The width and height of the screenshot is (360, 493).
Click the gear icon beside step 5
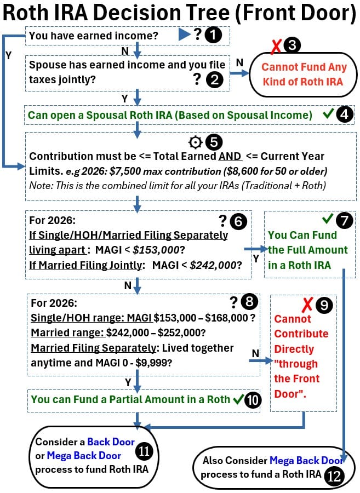tap(195, 142)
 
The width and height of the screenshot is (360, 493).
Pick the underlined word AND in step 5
tap(230, 157)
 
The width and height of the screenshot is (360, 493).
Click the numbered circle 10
tap(253, 399)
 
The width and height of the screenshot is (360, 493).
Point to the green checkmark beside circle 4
tap(329, 115)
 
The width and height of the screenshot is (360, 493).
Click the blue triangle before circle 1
tap(184, 36)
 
